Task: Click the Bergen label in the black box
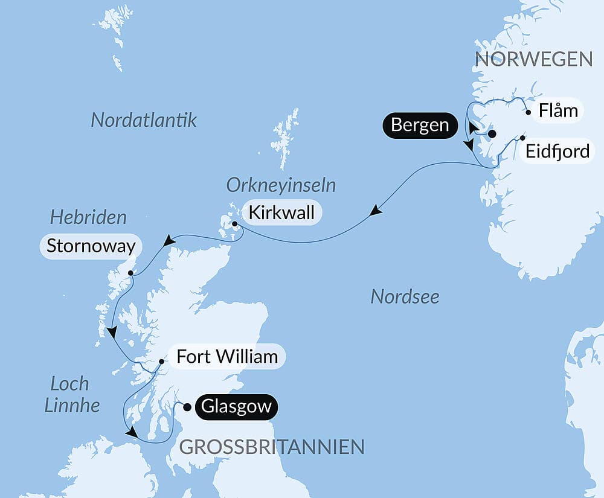[420, 126]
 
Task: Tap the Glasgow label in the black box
[236, 407]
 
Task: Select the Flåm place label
[558, 111]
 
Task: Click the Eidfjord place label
[557, 151]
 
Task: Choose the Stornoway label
[91, 246]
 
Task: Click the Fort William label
[226, 357]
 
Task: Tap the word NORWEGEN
[534, 59]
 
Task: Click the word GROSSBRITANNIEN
[272, 447]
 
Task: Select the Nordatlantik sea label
[144, 120]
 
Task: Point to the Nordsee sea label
[405, 296]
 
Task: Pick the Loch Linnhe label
[72, 394]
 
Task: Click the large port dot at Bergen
[492, 134]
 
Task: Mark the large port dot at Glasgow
[188, 407]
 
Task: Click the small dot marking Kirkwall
[235, 224]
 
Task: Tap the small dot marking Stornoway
[130, 273]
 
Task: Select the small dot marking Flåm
[528, 112]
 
